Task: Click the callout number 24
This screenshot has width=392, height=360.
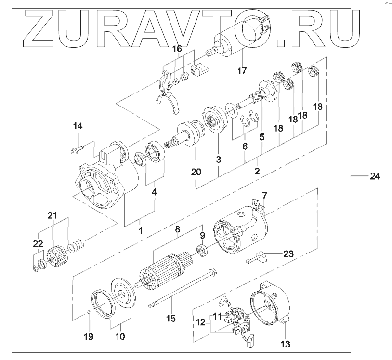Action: coord(375,177)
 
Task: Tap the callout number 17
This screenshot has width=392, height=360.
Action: coord(241,70)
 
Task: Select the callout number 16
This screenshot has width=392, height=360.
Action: coord(177,49)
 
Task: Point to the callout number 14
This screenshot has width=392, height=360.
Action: coord(78,126)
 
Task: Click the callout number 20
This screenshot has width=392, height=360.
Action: coord(196,172)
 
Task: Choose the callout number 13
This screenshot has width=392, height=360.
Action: coord(285,344)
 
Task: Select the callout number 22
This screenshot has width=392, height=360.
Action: coord(38,244)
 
